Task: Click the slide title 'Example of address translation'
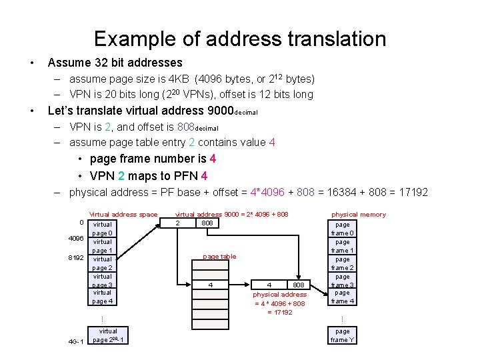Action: (240, 39)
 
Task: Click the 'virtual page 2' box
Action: (103, 263)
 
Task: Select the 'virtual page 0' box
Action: (103, 229)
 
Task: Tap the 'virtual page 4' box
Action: (103, 297)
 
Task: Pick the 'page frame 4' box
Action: (343, 297)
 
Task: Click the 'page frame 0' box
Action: (343, 229)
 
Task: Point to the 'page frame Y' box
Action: (343, 335)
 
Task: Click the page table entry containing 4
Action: (211, 285)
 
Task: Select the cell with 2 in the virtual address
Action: (177, 223)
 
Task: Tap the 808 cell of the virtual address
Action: (207, 223)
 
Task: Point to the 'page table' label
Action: (219, 256)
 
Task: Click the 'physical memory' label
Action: (359, 214)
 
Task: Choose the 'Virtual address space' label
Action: (123, 214)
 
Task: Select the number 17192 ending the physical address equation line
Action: (413, 192)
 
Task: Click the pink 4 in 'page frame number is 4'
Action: (213, 159)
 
